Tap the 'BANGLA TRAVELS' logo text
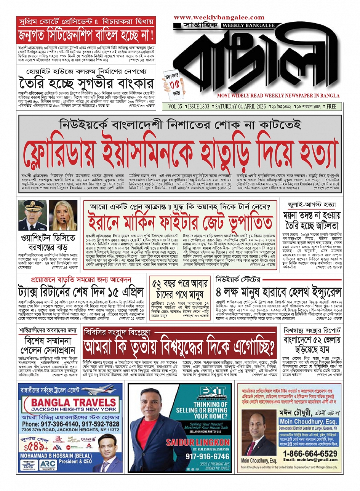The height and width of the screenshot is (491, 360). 70,402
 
